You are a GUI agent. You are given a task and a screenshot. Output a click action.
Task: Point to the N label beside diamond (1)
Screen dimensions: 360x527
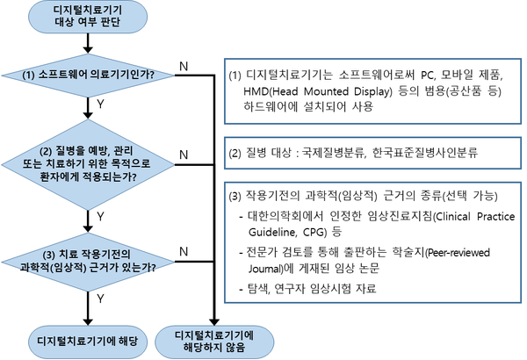click(183, 65)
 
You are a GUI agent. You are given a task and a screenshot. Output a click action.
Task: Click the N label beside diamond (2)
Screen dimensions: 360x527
click(183, 154)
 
